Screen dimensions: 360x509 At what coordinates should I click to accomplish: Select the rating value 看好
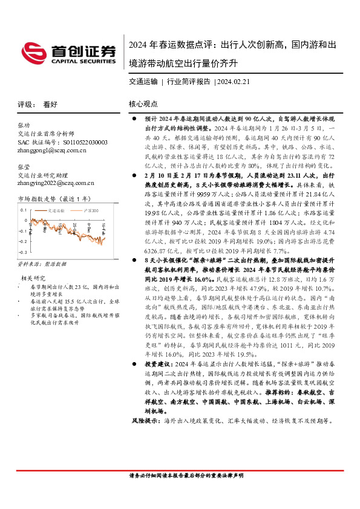pyautogui.click(x=50, y=104)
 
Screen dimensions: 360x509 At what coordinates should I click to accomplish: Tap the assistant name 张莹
pyautogui.click(x=24, y=164)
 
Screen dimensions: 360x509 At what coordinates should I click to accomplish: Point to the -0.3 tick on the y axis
pyautogui.click(x=22, y=250)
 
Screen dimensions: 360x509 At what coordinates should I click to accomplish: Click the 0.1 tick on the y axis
pyautogui.click(x=22, y=210)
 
